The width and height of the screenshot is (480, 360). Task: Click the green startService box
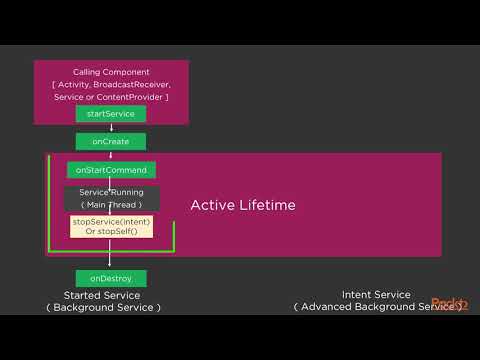coord(111,114)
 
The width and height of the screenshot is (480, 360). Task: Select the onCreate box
coord(111,142)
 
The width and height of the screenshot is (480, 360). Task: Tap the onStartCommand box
coord(111,170)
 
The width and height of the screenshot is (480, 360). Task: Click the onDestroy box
coord(111,277)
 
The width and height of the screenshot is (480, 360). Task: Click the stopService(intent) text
coord(111,221)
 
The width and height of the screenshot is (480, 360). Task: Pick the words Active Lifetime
coord(243,205)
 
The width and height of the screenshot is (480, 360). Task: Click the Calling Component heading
coord(111,72)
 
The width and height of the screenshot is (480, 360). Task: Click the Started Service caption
coord(102,295)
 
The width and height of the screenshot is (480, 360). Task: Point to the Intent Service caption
coord(376,294)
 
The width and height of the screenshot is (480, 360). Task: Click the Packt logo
coord(447,304)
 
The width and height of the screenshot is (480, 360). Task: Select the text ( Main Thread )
coord(111,205)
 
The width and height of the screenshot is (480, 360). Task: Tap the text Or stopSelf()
coord(111,232)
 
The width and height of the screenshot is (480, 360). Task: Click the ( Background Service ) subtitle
coord(102,307)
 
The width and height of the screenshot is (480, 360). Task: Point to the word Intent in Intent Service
coord(357,294)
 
